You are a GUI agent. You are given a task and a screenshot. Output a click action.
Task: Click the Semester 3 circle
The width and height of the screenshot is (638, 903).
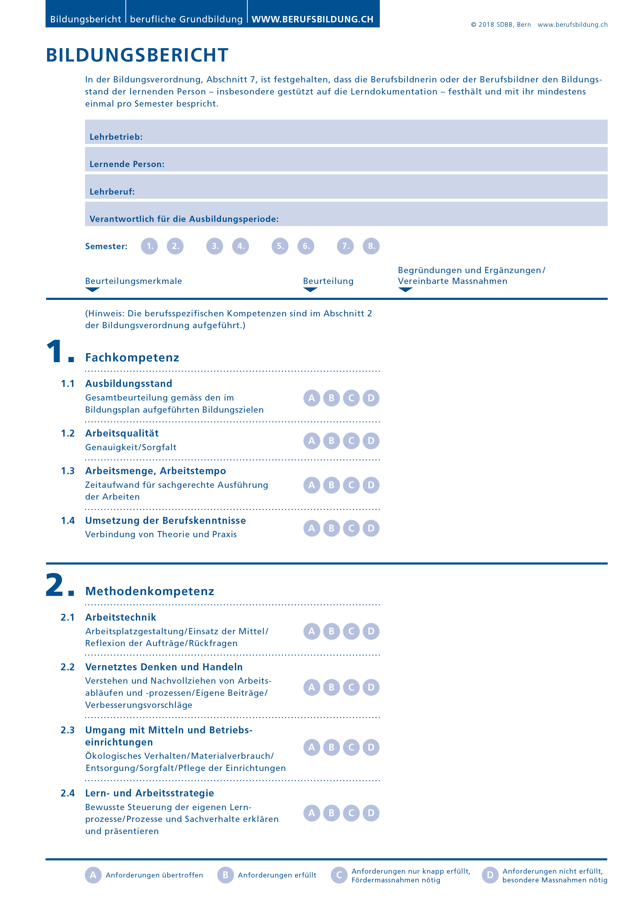tap(215, 246)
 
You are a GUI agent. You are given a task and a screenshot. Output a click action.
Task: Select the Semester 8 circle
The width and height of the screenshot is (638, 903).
tap(371, 246)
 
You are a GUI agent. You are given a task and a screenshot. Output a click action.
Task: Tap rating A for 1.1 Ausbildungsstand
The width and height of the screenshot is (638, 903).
tap(312, 398)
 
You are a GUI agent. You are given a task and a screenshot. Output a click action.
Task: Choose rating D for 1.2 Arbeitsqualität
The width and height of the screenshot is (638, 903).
tap(371, 440)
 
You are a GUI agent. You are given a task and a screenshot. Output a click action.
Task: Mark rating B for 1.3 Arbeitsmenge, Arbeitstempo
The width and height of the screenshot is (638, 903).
tap(331, 485)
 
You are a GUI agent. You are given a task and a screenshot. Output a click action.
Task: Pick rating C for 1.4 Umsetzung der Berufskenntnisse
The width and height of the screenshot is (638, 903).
tap(351, 528)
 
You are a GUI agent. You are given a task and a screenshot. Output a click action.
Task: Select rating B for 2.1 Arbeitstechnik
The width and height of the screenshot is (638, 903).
tap(331, 631)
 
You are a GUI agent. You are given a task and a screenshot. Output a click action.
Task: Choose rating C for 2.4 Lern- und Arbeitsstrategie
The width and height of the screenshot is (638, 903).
tap(351, 813)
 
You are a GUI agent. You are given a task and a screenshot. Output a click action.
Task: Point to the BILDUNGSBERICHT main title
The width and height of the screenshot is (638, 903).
tap(137, 55)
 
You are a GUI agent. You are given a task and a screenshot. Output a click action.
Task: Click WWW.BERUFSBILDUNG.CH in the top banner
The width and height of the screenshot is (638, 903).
tap(313, 19)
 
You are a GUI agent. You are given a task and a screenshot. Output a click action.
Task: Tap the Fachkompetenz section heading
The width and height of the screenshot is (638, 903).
tap(132, 358)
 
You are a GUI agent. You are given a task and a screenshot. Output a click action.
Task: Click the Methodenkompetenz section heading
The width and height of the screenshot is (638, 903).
tap(150, 591)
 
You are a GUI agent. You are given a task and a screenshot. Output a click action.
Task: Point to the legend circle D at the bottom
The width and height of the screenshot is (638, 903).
tap(490, 875)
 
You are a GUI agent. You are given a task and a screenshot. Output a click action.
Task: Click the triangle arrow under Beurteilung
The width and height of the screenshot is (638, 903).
tap(310, 290)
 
